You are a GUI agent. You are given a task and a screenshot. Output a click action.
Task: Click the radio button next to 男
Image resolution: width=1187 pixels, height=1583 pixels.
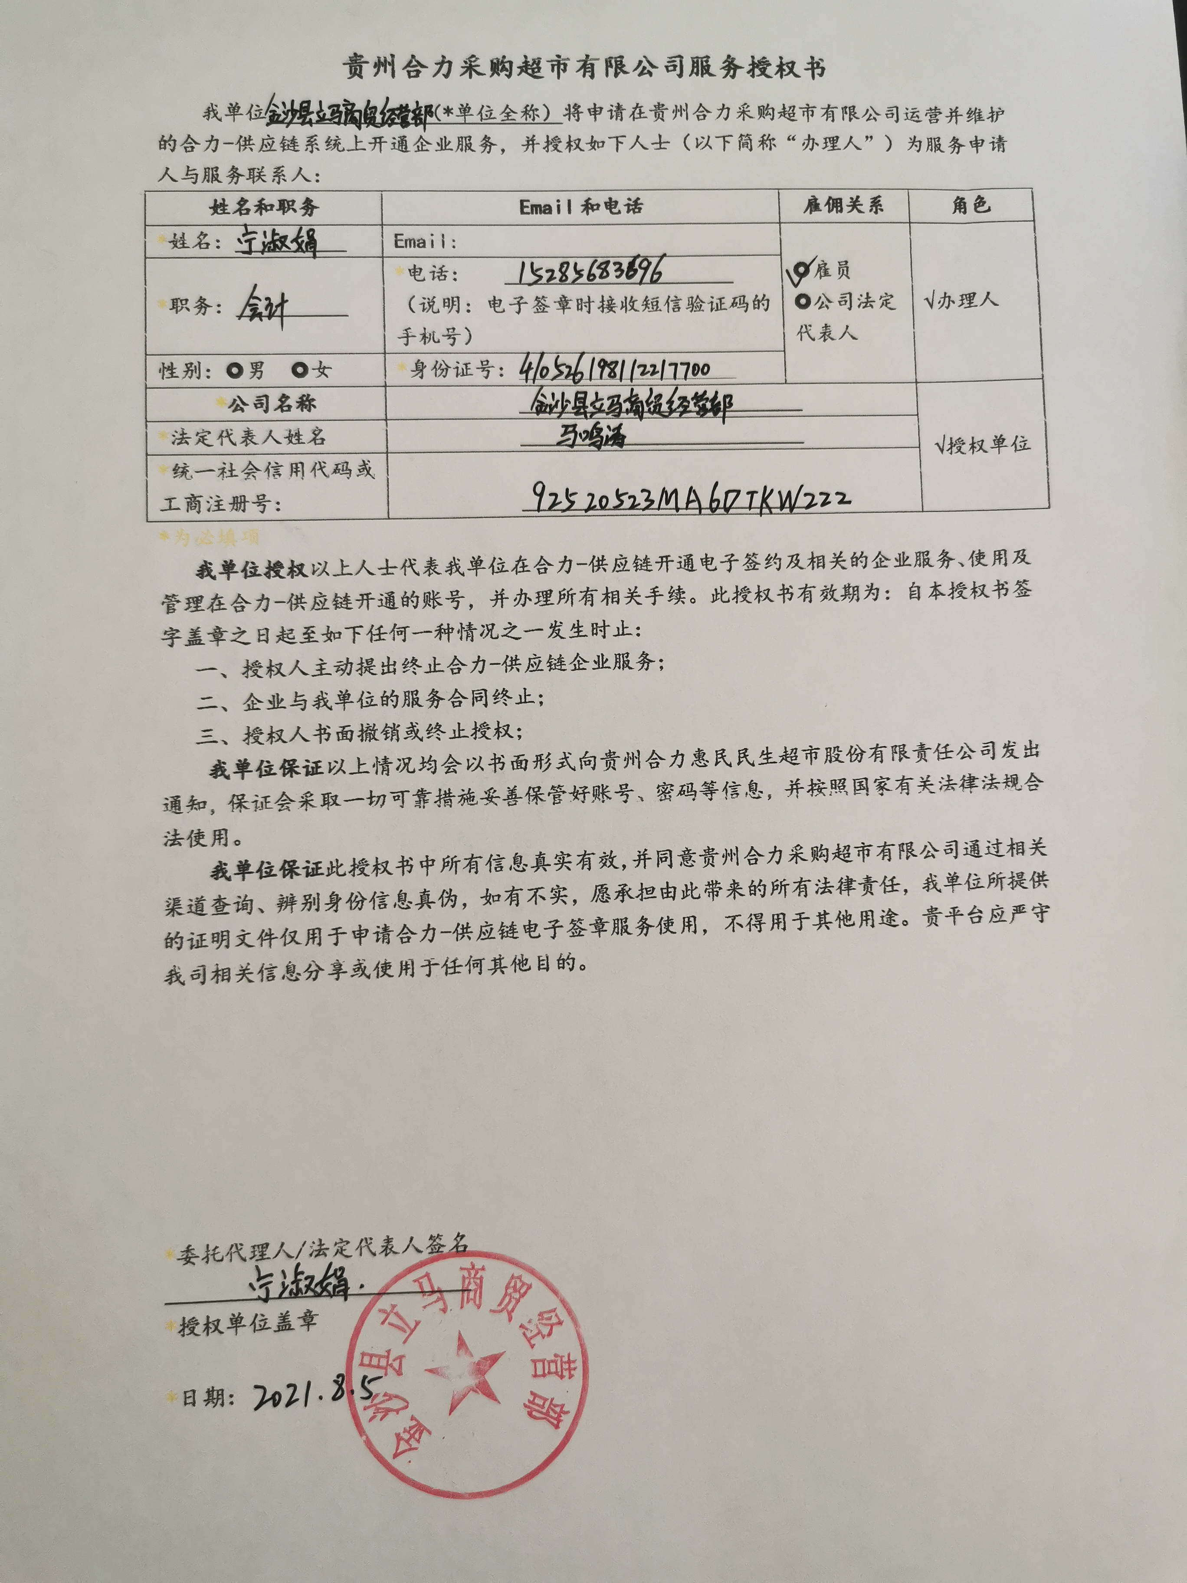234,370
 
